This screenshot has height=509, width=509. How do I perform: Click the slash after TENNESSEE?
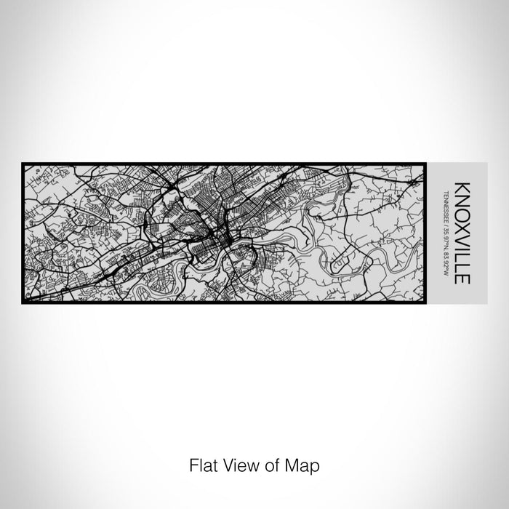coord(446,223)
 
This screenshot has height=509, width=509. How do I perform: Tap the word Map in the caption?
coord(304,464)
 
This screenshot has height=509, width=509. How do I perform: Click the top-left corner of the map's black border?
coord(23,164)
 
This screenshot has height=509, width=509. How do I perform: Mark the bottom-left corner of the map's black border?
coord(23,302)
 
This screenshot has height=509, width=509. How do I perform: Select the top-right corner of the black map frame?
coord(425,164)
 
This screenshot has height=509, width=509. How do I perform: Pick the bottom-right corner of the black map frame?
coord(425,302)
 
